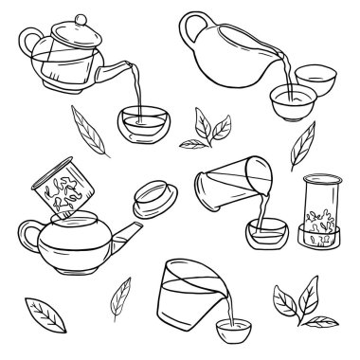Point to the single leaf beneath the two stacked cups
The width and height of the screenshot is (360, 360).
point(305,147)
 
